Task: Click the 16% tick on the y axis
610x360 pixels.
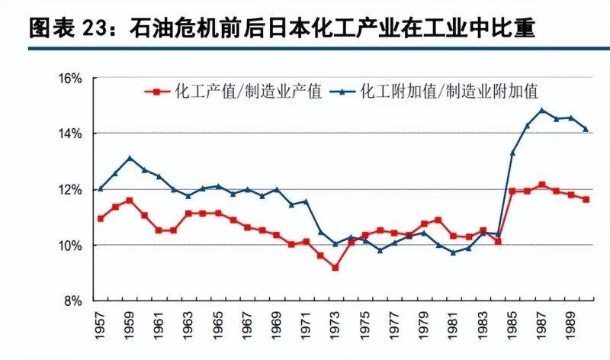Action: coord(70,78)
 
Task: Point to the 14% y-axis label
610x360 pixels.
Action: coord(70,133)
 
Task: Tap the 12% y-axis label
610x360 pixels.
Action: coord(70,189)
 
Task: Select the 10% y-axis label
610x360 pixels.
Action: coord(70,245)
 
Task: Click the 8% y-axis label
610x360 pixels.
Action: coord(74,301)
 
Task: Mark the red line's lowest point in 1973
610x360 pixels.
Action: coord(335,268)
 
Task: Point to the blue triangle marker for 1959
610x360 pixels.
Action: coord(130,158)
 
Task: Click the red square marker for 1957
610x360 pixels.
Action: coord(101,218)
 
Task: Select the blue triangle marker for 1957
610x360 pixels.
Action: coord(101,188)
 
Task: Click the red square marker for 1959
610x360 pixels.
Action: coord(130,201)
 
